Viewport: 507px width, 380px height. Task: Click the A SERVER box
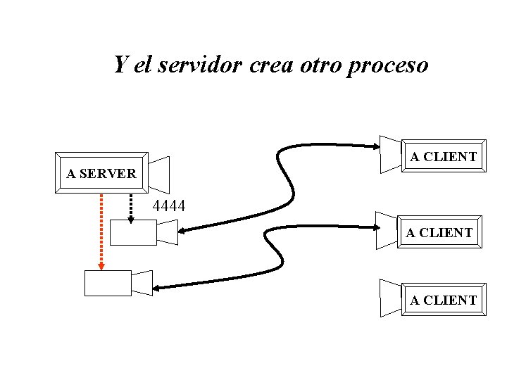(x=101, y=172)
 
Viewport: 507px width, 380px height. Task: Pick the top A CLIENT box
(x=444, y=156)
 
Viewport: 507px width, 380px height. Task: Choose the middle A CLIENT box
(x=439, y=232)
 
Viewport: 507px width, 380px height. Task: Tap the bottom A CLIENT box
(x=444, y=300)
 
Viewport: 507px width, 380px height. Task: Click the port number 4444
(x=169, y=206)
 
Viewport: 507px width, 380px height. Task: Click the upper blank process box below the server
(x=134, y=232)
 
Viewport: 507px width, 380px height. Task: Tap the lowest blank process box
(x=108, y=282)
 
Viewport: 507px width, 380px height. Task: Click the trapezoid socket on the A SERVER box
(x=160, y=172)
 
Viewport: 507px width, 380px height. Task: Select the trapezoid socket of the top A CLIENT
(x=390, y=153)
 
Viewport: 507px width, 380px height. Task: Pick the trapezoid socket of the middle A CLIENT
(x=387, y=229)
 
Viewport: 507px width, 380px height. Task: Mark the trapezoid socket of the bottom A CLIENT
(x=390, y=298)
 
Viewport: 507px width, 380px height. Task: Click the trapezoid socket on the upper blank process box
(x=168, y=232)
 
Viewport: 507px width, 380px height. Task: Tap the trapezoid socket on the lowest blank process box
(x=142, y=282)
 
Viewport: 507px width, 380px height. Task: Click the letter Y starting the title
(x=121, y=65)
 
